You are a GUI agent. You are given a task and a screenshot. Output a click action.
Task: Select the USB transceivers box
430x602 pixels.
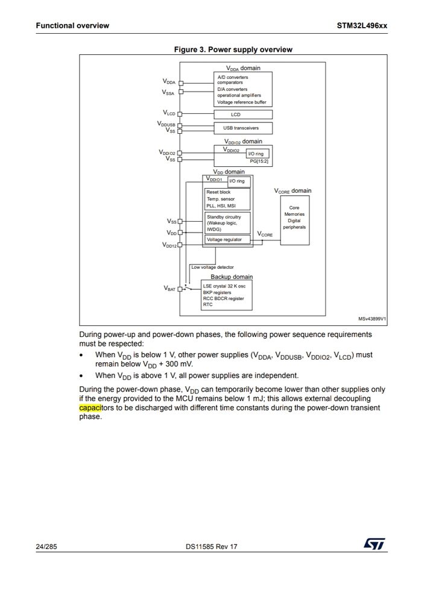(x=244, y=128)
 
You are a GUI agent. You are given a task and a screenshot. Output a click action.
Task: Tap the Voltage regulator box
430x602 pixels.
(x=224, y=240)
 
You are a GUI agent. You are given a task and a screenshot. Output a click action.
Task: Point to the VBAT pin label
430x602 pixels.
(x=170, y=288)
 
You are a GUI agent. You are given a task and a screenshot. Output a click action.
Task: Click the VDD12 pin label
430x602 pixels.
(x=169, y=245)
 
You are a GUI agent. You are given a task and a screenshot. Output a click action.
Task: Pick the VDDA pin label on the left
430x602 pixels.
(x=169, y=81)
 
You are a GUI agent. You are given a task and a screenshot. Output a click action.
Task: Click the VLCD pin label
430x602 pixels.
(x=169, y=113)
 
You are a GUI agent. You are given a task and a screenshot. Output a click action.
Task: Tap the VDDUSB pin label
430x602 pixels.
(x=166, y=124)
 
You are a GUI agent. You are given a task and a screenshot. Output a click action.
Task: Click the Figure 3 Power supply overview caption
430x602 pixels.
(x=233, y=49)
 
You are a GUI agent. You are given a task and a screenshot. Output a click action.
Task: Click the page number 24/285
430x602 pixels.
(x=46, y=547)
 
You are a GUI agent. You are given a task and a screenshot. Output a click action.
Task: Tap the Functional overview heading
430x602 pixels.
(x=72, y=26)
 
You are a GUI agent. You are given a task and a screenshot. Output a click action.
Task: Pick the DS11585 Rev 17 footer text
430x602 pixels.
(x=212, y=547)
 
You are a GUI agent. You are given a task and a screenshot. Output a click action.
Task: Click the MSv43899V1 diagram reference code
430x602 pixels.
(x=372, y=319)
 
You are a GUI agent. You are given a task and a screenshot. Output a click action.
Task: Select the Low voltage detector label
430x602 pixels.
(x=212, y=267)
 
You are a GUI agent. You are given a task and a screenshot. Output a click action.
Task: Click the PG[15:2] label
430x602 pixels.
(x=258, y=161)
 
